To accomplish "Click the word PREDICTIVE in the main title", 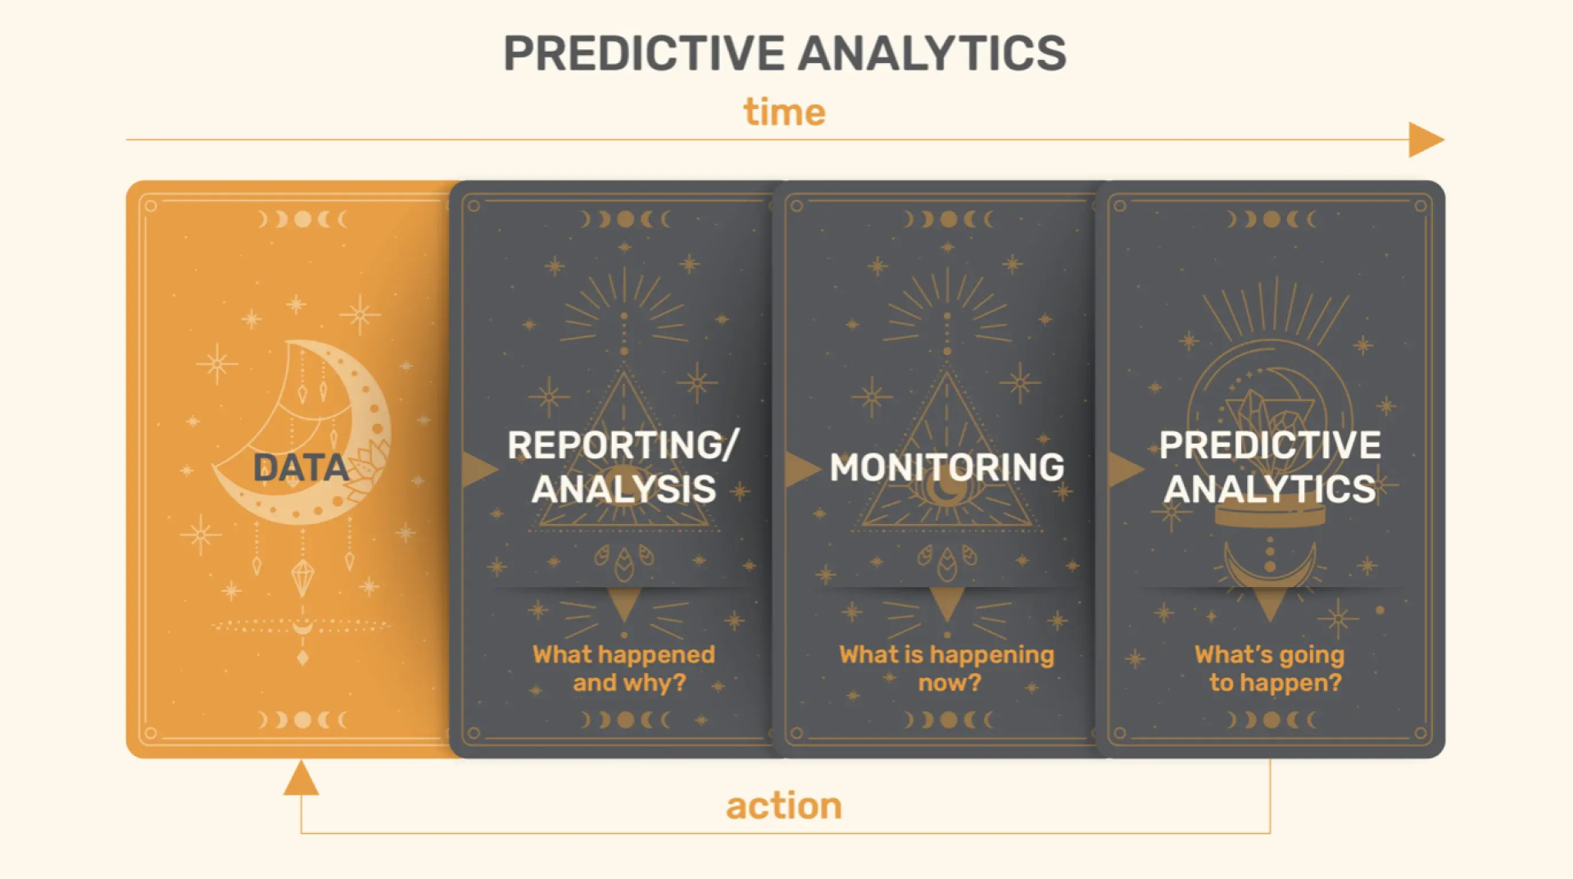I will pos(644,54).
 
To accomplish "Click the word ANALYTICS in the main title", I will pos(932,54).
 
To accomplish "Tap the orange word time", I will pos(784,112).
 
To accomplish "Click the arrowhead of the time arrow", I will pos(1424,139).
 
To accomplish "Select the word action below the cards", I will pos(783,806).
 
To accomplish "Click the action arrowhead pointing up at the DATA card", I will pos(301,779).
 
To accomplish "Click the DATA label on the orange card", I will pos(301,468).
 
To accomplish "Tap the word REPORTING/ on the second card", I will pos(623,445).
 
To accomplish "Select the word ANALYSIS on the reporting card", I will pos(623,490).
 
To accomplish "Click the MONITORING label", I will pos(946,467).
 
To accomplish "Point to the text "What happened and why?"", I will pos(624,668).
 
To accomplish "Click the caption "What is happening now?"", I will pos(946,668).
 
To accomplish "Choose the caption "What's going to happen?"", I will pos(1271,668).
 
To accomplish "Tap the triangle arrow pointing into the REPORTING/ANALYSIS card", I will pos(478,469).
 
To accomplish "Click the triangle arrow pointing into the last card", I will pos(1123,469).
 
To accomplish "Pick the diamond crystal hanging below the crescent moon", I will pos(302,576).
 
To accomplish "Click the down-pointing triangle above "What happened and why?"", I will pos(624,603).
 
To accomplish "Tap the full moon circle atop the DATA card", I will pos(302,219).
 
